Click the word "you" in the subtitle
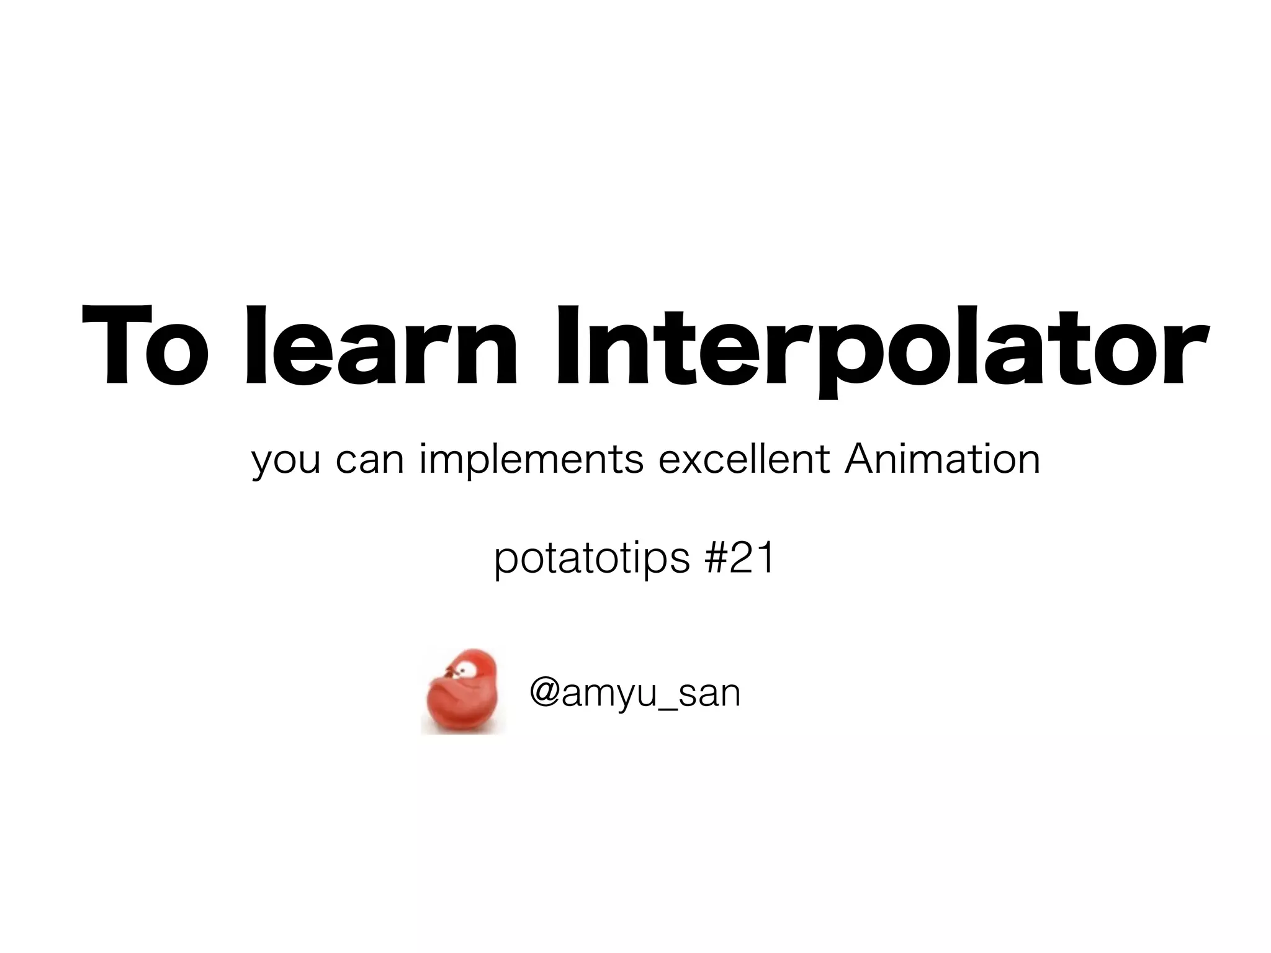[x=286, y=461]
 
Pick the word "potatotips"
[x=591, y=560]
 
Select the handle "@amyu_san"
[x=635, y=694]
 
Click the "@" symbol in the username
[x=544, y=693]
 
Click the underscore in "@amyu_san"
[x=668, y=707]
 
